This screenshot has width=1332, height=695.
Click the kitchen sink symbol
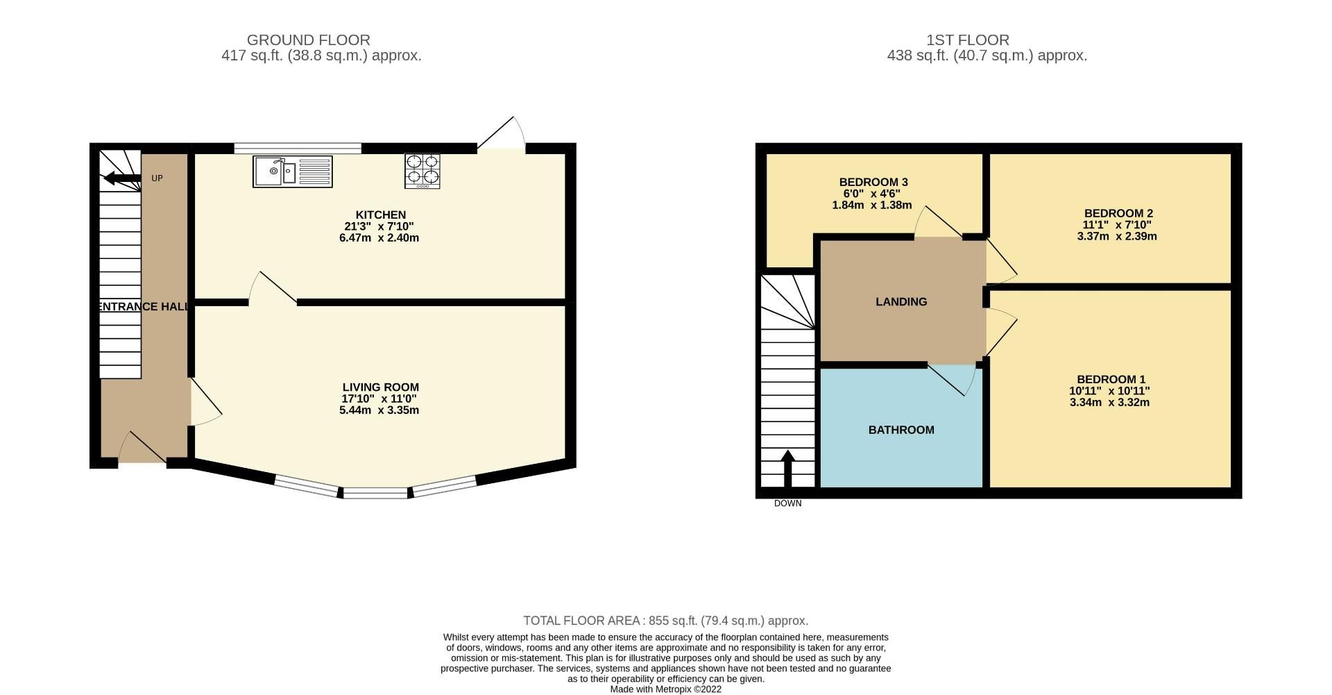click(x=292, y=171)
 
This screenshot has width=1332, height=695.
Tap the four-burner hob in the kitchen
click(x=422, y=171)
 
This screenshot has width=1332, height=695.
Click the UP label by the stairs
click(x=157, y=178)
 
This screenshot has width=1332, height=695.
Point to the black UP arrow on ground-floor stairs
click(x=122, y=178)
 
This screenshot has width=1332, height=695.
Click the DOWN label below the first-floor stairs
click(x=787, y=503)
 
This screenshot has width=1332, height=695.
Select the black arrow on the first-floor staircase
click(x=787, y=469)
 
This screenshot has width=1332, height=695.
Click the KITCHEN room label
click(x=380, y=215)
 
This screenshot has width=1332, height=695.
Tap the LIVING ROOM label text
click(x=380, y=387)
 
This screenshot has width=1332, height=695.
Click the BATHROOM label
click(x=900, y=430)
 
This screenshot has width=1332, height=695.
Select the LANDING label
click(x=900, y=301)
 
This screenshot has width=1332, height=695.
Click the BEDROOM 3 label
click(x=873, y=182)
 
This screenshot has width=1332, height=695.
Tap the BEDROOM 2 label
click(x=1118, y=213)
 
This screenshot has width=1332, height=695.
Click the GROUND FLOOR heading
click(x=308, y=40)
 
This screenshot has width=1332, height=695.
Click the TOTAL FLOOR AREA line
click(x=665, y=621)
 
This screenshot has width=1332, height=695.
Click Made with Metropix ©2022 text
click(x=665, y=689)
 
